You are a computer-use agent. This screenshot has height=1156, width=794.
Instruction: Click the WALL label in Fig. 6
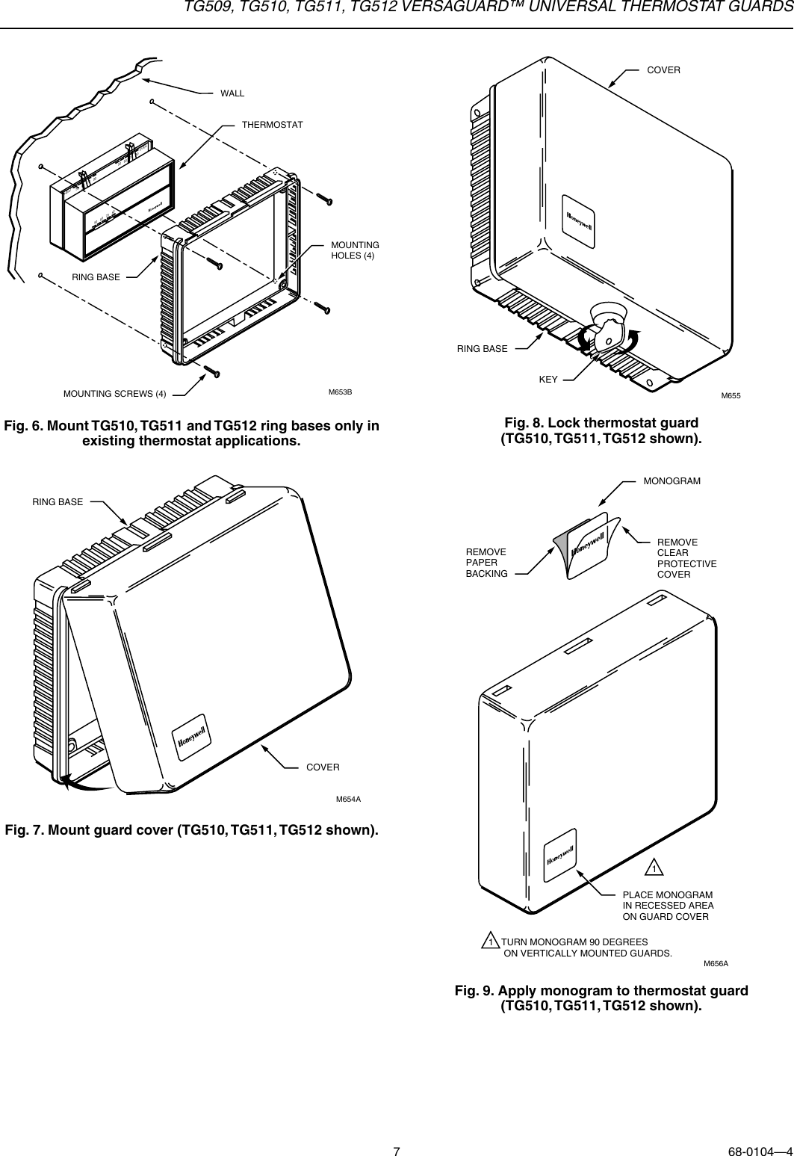[232, 93]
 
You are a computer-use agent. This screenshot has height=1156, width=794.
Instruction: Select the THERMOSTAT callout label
[272, 124]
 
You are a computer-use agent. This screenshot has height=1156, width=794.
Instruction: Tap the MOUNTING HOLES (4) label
[355, 250]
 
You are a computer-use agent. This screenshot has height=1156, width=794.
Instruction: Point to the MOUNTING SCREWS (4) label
[114, 393]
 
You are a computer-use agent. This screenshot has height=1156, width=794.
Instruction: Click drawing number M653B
[340, 392]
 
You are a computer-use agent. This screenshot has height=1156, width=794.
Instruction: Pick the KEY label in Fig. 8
[548, 380]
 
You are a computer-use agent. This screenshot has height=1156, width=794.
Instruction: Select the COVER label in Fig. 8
[663, 69]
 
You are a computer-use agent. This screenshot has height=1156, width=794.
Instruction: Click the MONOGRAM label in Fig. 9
[672, 480]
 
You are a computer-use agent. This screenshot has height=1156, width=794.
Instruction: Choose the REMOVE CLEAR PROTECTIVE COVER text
[686, 558]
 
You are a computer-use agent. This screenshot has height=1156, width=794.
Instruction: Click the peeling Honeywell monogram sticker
[588, 544]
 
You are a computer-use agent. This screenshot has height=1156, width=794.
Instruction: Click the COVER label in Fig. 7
[323, 767]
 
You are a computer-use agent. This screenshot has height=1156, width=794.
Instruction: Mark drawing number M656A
[716, 963]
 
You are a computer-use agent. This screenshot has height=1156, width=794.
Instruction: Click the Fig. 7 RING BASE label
[58, 502]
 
